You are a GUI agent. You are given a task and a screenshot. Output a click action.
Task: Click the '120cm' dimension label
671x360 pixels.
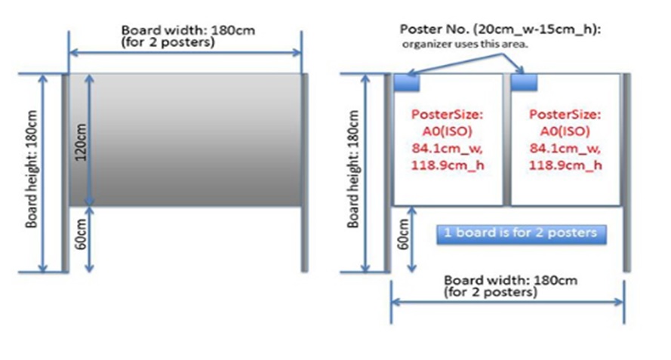pos(81,142)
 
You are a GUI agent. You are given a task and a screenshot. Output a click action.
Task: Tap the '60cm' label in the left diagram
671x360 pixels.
pos(81,235)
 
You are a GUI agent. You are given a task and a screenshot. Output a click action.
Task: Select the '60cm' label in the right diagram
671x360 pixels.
pos(404,235)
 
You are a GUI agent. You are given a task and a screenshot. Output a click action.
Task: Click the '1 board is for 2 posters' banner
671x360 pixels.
pos(522,234)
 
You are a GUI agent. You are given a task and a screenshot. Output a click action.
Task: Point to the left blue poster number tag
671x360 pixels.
pos(407,82)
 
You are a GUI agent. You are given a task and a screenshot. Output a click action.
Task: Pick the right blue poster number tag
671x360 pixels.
pos(525,82)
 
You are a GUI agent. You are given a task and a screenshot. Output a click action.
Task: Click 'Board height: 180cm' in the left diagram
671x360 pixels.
pos(32,169)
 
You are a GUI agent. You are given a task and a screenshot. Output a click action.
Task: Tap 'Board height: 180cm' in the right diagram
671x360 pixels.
pos(353,169)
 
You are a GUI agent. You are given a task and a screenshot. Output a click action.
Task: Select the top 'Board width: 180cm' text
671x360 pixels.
pos(188,31)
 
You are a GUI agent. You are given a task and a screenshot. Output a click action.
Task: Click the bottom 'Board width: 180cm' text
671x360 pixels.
pos(510,281)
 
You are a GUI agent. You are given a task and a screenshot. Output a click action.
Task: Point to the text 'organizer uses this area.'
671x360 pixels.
pos(465,44)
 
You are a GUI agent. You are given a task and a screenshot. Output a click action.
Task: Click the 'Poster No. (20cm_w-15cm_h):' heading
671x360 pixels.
pos(500,29)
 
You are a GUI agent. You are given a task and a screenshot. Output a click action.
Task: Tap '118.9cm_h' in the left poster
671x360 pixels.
pos(448,165)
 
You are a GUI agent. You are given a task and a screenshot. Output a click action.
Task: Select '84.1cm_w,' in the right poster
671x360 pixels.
pos(565,149)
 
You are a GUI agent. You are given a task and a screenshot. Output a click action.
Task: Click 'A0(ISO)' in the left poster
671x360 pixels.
pos(448,131)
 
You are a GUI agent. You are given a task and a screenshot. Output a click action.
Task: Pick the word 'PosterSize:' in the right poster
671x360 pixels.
pos(565,114)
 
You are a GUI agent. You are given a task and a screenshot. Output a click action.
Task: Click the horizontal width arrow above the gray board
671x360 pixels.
pos(185,53)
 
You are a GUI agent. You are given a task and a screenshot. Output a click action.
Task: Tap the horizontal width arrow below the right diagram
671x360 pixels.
pos(507,302)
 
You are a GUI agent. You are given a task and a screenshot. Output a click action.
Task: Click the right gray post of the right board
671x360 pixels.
pos(627,173)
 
